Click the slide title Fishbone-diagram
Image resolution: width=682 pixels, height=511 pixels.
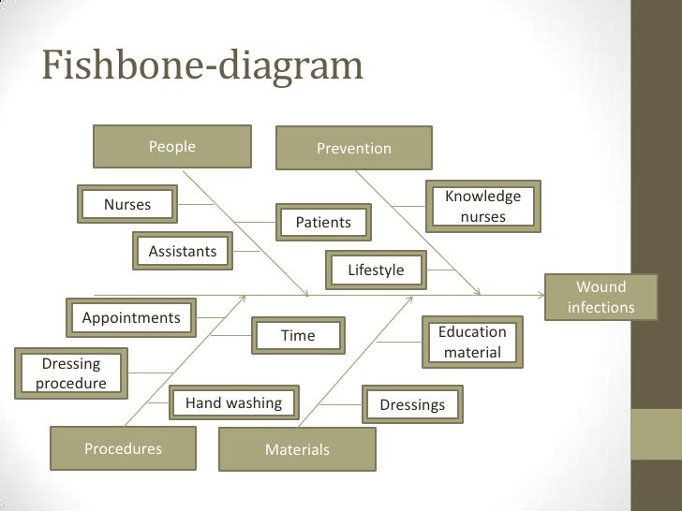point(202,66)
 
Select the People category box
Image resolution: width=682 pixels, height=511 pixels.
point(172,147)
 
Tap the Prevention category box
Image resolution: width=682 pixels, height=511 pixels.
point(354,148)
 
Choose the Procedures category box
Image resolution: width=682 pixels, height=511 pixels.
point(124,448)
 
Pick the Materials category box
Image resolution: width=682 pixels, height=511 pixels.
point(297,449)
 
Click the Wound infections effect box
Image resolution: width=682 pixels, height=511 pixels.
point(601,297)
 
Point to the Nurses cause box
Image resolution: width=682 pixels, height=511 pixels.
point(127,204)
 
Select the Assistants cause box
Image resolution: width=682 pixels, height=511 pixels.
point(183,251)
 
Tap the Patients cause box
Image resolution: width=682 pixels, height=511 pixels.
point(323,222)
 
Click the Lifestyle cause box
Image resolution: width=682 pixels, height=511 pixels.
point(376,270)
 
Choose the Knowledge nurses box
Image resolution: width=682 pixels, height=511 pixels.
point(482,207)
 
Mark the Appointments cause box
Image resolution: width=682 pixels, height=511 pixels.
point(131,317)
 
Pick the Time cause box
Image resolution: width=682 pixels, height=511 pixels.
point(298,335)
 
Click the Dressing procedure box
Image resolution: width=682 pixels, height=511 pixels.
point(71,372)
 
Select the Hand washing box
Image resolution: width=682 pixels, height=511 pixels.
point(234,402)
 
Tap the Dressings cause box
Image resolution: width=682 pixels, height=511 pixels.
point(412,404)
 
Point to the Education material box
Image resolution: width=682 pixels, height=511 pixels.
point(473,342)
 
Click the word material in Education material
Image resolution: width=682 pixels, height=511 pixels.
point(473,353)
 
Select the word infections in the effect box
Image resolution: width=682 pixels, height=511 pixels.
point(601,307)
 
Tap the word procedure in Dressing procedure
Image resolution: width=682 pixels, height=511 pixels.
point(71,383)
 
